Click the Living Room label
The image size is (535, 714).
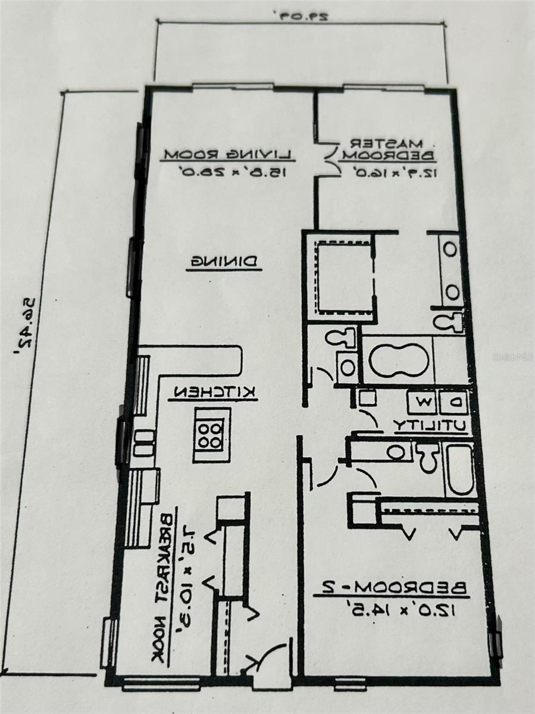coord(228,155)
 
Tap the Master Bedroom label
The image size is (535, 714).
coord(387,150)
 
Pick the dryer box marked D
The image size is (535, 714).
coord(453,403)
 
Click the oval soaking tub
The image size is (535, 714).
coord(398,360)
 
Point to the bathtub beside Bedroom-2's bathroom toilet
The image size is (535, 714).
coord(460,469)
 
